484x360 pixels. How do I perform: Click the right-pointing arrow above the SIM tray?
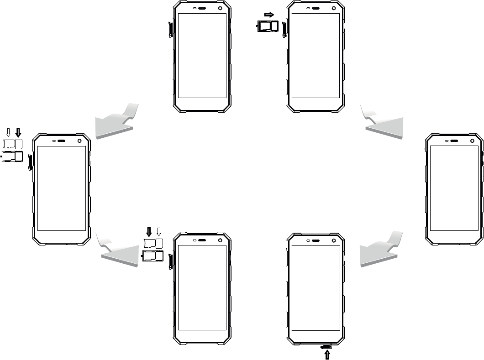click(268, 15)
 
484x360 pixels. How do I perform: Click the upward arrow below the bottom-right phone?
click(327, 354)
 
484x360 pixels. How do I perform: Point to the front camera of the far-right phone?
click(472, 141)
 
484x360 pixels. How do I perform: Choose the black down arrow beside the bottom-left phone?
click(149, 232)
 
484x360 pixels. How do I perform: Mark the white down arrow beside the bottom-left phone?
click(159, 232)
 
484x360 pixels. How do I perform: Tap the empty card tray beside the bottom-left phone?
click(153, 256)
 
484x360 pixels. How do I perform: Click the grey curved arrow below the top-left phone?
click(116, 121)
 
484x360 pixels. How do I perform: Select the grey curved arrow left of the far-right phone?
click(381, 253)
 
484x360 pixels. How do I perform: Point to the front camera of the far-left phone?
click(79, 141)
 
